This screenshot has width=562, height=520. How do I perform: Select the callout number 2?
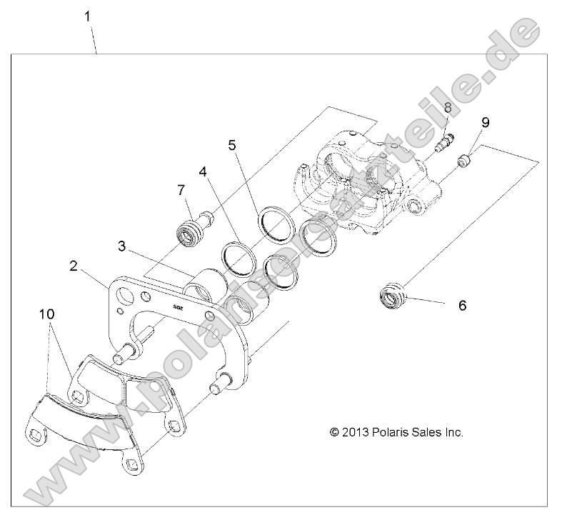click(x=74, y=266)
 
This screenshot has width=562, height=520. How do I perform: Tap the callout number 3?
click(x=122, y=247)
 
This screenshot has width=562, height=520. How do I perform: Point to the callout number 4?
click(x=204, y=172)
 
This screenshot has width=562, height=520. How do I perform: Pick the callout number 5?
click(x=232, y=145)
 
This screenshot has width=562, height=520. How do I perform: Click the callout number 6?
click(x=462, y=305)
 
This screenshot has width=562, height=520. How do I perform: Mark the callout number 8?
click(x=448, y=107)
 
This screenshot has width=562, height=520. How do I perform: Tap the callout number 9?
click(x=485, y=122)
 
